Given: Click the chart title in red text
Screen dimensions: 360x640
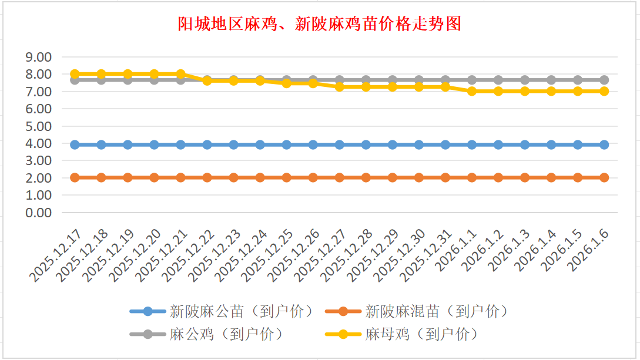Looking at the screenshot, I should coord(320,24).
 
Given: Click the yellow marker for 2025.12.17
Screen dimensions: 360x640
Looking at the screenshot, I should coord(75,74).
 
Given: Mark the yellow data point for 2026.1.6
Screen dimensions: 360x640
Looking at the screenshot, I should coord(604,91).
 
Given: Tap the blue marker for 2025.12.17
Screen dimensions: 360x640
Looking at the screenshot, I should coord(75,144).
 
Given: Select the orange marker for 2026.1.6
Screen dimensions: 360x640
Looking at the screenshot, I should coord(604,177).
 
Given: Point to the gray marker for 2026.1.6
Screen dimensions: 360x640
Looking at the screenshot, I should coord(604,80).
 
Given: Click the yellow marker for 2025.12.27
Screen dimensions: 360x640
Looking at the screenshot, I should coord(340,86).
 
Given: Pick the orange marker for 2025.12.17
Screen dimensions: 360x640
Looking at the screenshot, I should coord(75,177).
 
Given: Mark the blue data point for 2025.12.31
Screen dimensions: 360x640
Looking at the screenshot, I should coord(445,144).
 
